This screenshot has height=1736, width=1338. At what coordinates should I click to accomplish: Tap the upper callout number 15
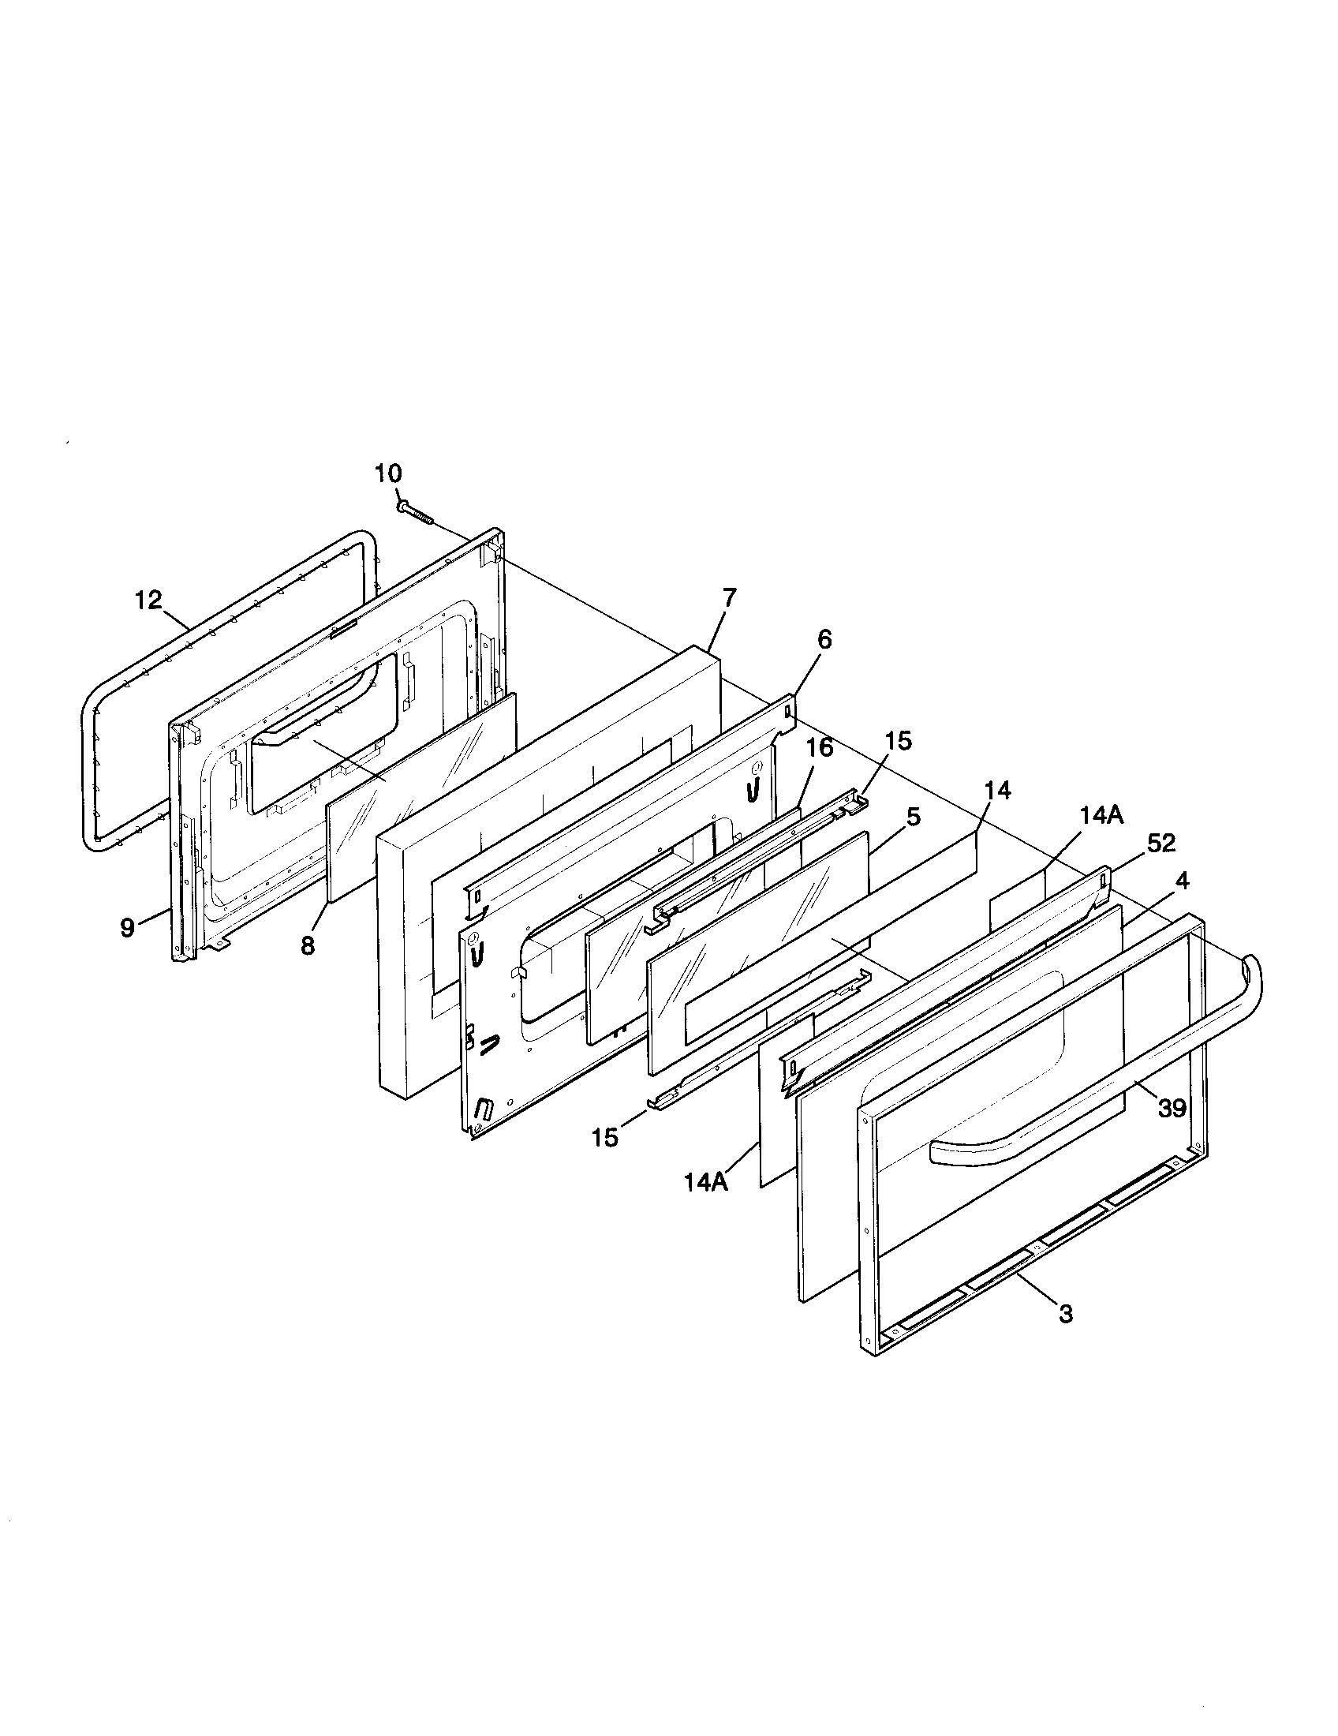pyautogui.click(x=899, y=741)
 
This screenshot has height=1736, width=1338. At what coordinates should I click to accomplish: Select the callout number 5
pyautogui.click(x=913, y=817)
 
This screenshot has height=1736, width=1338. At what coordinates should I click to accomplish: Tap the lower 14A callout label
pyautogui.click(x=706, y=1203)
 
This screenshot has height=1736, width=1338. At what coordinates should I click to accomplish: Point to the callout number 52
pyautogui.click(x=1160, y=844)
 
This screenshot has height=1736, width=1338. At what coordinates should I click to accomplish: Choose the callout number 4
pyautogui.click(x=1183, y=881)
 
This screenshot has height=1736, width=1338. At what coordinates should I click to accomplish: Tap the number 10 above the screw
pyautogui.click(x=388, y=473)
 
